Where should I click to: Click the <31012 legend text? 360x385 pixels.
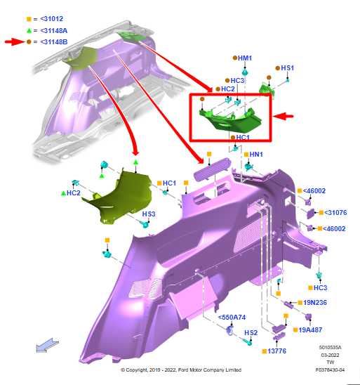[x=51, y=19]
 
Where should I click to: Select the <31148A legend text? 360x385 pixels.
[x=53, y=31]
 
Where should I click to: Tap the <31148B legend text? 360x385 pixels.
[x=53, y=42]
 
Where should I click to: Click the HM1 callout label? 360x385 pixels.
[x=245, y=58]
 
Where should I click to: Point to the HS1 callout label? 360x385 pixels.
[x=287, y=68]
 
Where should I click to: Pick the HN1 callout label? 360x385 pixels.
[x=256, y=155]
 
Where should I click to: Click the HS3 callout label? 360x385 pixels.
[x=149, y=214]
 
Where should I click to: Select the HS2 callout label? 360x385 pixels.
[x=251, y=333]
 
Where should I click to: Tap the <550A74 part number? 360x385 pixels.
[x=232, y=318]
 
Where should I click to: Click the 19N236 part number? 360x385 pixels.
[x=315, y=303]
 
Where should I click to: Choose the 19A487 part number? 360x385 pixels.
[x=310, y=329]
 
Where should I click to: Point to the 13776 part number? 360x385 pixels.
[x=277, y=351]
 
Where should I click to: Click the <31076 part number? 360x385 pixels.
[x=335, y=213]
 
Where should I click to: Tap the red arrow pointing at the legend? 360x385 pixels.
[x=15, y=42]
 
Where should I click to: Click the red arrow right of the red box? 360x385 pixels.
[x=284, y=116]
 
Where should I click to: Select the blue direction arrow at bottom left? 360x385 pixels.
[x=47, y=346]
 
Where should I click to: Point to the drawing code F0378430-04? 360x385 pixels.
[x=330, y=370]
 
